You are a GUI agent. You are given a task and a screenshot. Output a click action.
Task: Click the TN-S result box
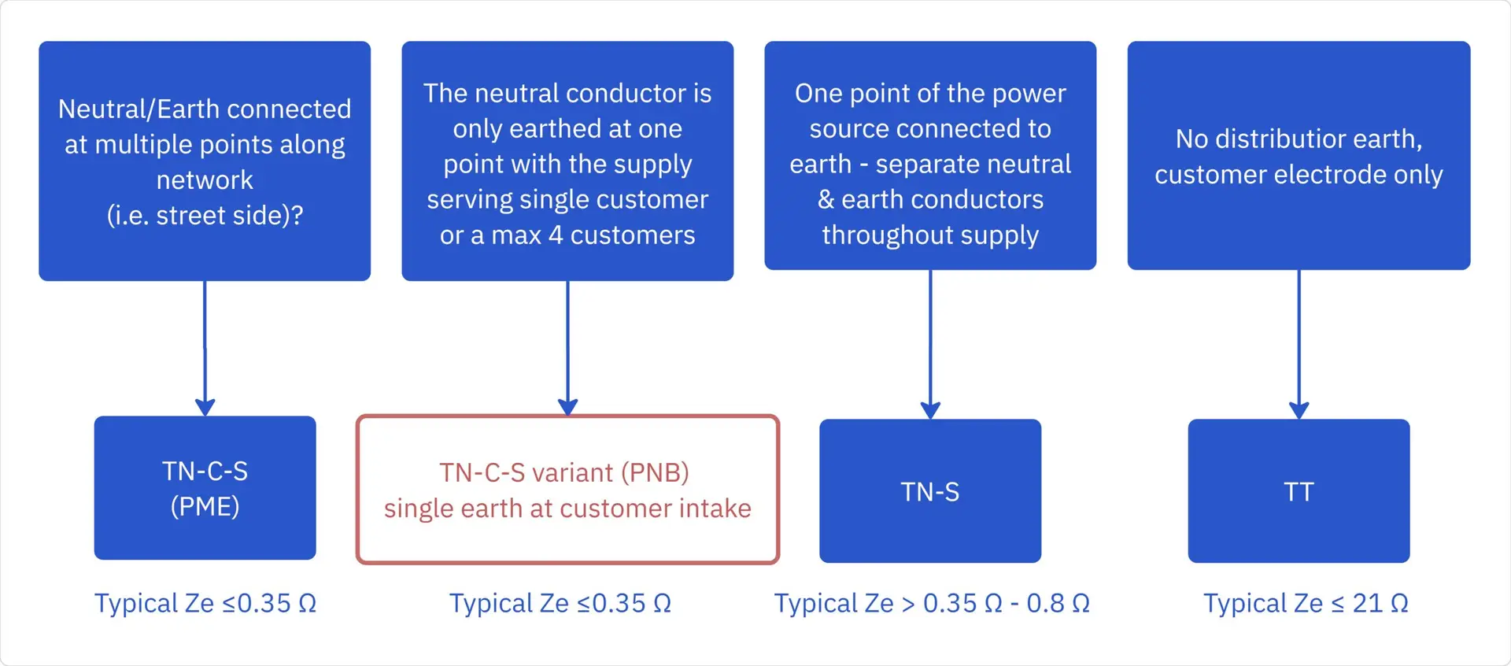929,490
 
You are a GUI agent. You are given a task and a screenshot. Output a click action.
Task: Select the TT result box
1299,490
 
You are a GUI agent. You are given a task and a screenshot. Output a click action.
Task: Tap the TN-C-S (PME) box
205,488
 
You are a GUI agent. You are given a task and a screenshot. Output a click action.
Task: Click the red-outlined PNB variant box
567,490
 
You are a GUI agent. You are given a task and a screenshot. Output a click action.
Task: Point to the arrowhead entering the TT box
1299,410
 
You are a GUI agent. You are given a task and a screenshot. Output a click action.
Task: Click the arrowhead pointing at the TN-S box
930,410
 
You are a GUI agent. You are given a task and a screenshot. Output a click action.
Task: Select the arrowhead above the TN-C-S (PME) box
205,407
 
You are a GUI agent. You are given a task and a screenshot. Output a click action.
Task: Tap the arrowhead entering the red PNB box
567,406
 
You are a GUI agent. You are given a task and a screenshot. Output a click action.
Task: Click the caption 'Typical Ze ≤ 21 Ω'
1306,603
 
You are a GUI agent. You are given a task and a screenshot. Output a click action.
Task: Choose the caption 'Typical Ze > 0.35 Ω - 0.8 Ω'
932,603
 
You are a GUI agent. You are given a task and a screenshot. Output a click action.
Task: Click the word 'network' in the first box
205,180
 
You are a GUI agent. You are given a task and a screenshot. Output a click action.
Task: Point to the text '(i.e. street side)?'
205,216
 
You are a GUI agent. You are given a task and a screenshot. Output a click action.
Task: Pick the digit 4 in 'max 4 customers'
556,235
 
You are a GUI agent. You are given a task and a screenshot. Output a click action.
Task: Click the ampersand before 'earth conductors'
826,200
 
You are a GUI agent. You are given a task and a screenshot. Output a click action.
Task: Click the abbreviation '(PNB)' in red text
655,472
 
